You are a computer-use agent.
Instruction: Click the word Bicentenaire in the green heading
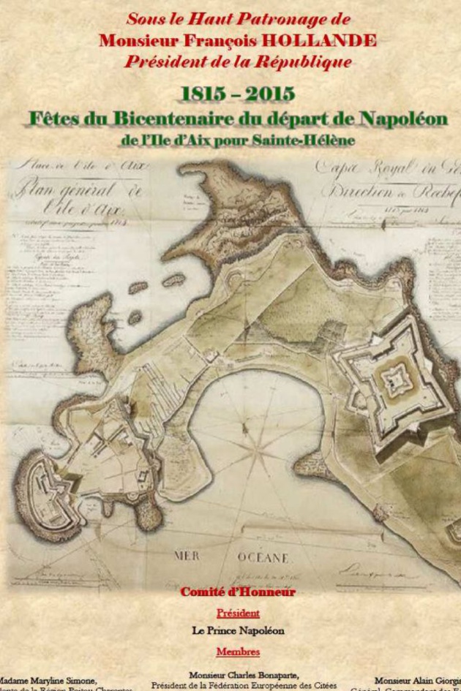(174, 119)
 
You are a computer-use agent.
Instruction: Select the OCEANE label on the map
(262, 557)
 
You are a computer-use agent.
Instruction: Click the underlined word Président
(238, 613)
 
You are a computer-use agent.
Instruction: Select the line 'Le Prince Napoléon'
(238, 631)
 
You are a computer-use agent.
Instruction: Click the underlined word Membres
(238, 651)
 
